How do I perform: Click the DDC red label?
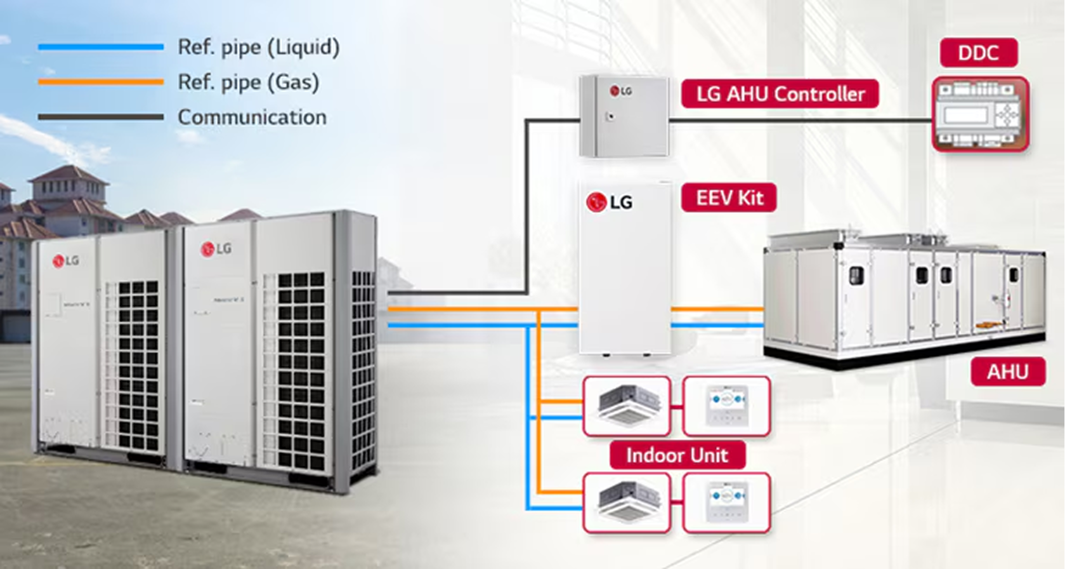pyautogui.click(x=978, y=53)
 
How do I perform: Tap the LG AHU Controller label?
pyautogui.click(x=780, y=94)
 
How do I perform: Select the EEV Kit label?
pyautogui.click(x=729, y=198)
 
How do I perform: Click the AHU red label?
pyautogui.click(x=1007, y=372)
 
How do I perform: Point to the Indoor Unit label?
pyautogui.click(x=677, y=455)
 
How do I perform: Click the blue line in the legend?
pyautogui.click(x=100, y=47)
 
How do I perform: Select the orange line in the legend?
pyautogui.click(x=100, y=82)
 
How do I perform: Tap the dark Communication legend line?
pyautogui.click(x=100, y=117)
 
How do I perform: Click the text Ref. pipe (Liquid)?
pyautogui.click(x=258, y=47)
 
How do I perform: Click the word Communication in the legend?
pyautogui.click(x=252, y=117)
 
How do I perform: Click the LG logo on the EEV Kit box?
pyautogui.click(x=609, y=202)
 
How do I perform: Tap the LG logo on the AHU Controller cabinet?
pyautogui.click(x=621, y=91)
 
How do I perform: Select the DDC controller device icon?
pyautogui.click(x=980, y=114)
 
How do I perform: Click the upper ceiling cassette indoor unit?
pyautogui.click(x=627, y=406)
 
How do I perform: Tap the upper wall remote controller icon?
pyautogui.click(x=727, y=406)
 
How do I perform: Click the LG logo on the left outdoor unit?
pyautogui.click(x=66, y=260)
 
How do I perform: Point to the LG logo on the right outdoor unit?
pyautogui.click(x=216, y=249)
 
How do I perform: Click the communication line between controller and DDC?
pyautogui.click(x=799, y=119)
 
